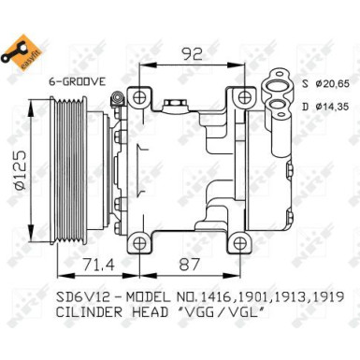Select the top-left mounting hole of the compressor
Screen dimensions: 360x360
pos(138,98)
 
